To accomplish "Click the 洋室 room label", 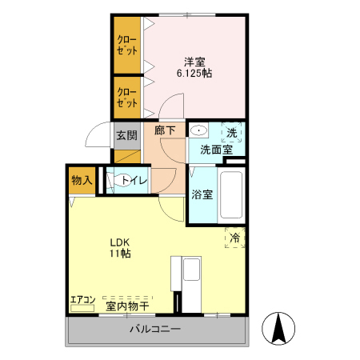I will [194, 61].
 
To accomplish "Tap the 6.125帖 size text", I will [194, 74].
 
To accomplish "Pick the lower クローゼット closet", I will [126, 97].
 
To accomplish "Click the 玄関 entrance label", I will [126, 135].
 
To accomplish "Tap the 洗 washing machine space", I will [232, 133].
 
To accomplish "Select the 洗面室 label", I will [215, 149].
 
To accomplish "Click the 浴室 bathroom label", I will [202, 194].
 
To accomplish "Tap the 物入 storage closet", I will [81, 180].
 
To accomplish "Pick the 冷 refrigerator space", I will [234, 238].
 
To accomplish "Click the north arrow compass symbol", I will [279, 328].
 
